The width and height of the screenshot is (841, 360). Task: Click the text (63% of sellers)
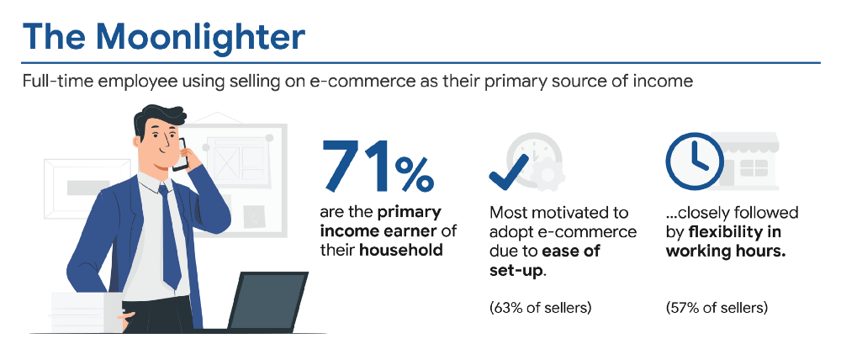point(541,307)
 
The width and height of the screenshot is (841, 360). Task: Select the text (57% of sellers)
point(717,307)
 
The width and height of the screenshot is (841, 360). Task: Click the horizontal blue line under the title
point(420,62)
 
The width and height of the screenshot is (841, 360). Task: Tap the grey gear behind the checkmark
point(551,173)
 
